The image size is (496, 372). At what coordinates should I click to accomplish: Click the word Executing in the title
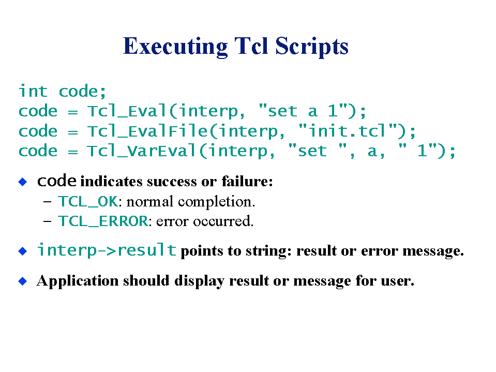(175, 47)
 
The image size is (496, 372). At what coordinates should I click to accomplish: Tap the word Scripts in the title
(312, 47)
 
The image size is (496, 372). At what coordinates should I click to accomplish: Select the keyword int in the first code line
(33, 91)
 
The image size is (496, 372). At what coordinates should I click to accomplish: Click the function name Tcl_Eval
(127, 111)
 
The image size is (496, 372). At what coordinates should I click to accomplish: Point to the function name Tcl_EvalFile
(147, 131)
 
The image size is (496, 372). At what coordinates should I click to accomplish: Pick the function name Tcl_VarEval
(142, 151)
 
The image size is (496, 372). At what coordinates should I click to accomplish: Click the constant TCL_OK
(88, 201)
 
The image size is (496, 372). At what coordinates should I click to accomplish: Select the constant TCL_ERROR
(103, 221)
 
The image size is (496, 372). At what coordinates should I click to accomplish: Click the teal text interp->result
(107, 250)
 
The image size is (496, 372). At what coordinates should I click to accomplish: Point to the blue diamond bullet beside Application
(23, 281)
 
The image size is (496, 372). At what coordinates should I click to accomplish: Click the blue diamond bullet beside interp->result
(23, 251)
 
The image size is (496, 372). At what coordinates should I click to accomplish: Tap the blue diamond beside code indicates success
(23, 182)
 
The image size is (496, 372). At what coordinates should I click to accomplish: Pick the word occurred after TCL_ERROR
(223, 221)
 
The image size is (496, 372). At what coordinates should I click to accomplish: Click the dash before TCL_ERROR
(48, 221)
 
